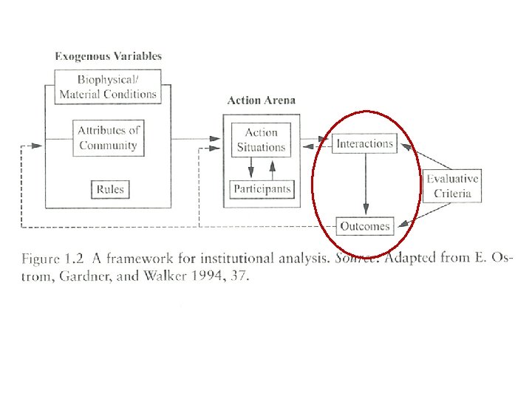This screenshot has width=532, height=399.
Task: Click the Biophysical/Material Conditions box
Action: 108,86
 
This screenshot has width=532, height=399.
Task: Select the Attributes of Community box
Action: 108,137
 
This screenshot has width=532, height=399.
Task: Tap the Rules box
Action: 109,189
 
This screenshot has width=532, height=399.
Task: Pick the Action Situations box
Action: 261,140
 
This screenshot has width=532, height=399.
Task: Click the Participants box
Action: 262,189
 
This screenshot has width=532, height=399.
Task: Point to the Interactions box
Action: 364,143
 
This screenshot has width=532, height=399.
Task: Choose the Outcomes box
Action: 364,226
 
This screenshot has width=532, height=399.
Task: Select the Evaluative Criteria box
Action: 452,186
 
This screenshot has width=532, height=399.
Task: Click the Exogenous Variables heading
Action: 109,56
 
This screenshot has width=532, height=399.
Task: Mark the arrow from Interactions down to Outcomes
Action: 365,185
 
